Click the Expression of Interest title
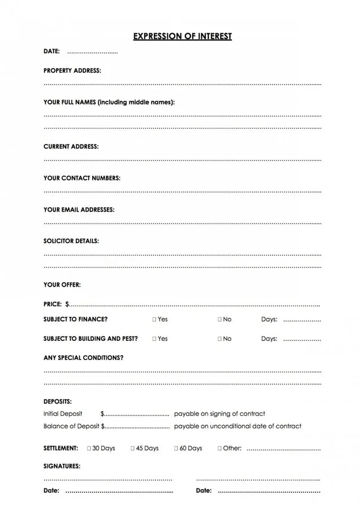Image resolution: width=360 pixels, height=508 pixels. click(183, 36)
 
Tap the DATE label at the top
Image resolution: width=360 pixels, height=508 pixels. click(51, 51)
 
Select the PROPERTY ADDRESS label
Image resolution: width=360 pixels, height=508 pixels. click(72, 71)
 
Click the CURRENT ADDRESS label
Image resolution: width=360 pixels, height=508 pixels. click(71, 146)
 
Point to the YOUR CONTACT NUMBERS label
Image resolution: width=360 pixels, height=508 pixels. click(82, 178)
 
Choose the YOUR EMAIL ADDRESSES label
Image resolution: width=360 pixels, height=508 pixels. click(79, 209)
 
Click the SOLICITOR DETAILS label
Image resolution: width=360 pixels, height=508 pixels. click(71, 241)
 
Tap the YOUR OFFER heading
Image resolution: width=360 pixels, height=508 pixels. click(62, 284)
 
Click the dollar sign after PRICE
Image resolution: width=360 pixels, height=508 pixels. click(67, 304)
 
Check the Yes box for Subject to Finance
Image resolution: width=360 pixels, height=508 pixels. click(154, 319)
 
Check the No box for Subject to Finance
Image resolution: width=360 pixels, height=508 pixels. click(220, 319)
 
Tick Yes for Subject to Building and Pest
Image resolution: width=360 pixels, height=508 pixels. click(154, 339)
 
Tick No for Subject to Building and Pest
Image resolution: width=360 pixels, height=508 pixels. click(220, 339)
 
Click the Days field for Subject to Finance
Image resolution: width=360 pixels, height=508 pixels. click(302, 320)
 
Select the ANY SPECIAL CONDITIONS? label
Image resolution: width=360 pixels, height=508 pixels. click(83, 358)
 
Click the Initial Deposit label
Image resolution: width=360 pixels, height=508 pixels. click(63, 414)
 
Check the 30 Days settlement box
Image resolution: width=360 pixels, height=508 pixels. click(89, 448)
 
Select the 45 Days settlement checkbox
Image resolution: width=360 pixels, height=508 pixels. click(133, 448)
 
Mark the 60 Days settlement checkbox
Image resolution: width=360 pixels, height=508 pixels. click(176, 448)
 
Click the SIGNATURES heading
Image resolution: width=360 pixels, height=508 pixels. click(62, 466)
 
